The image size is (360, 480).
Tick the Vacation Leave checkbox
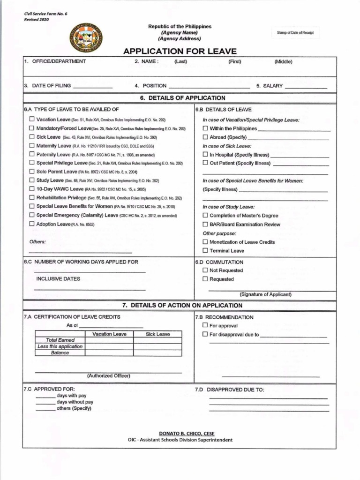(31, 120)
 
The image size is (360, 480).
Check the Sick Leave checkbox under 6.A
(31, 137)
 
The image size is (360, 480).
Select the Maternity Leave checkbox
(31, 146)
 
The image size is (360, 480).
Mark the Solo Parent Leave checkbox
(31, 172)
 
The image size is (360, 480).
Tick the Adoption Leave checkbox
(31, 224)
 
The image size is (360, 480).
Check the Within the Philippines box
(205, 128)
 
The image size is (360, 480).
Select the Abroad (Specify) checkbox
(205, 137)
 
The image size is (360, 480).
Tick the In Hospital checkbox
(205, 155)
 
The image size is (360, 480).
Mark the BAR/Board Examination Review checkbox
(205, 225)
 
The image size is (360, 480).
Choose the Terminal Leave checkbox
(205, 251)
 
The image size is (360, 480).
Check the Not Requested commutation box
(205, 270)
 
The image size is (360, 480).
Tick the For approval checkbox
(205, 325)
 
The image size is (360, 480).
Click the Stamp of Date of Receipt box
(295, 33)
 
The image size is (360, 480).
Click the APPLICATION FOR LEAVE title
(180, 51)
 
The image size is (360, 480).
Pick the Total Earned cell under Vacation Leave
(109, 340)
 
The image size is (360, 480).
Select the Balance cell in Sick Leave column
(157, 352)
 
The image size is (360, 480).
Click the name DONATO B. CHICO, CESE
(187, 434)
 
